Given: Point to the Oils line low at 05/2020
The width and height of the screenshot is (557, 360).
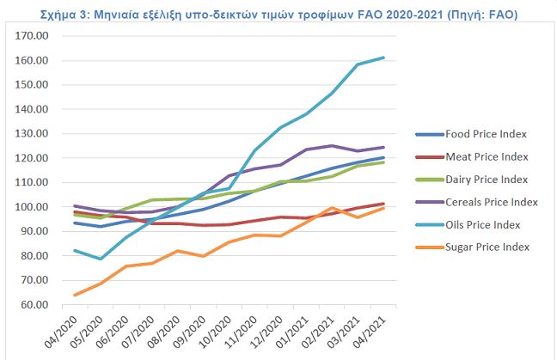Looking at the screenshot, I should pos(101,259).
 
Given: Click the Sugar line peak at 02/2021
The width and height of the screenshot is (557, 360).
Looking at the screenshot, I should pos(333,208).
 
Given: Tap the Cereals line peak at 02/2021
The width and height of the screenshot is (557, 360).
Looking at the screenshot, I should pos(333,146).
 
